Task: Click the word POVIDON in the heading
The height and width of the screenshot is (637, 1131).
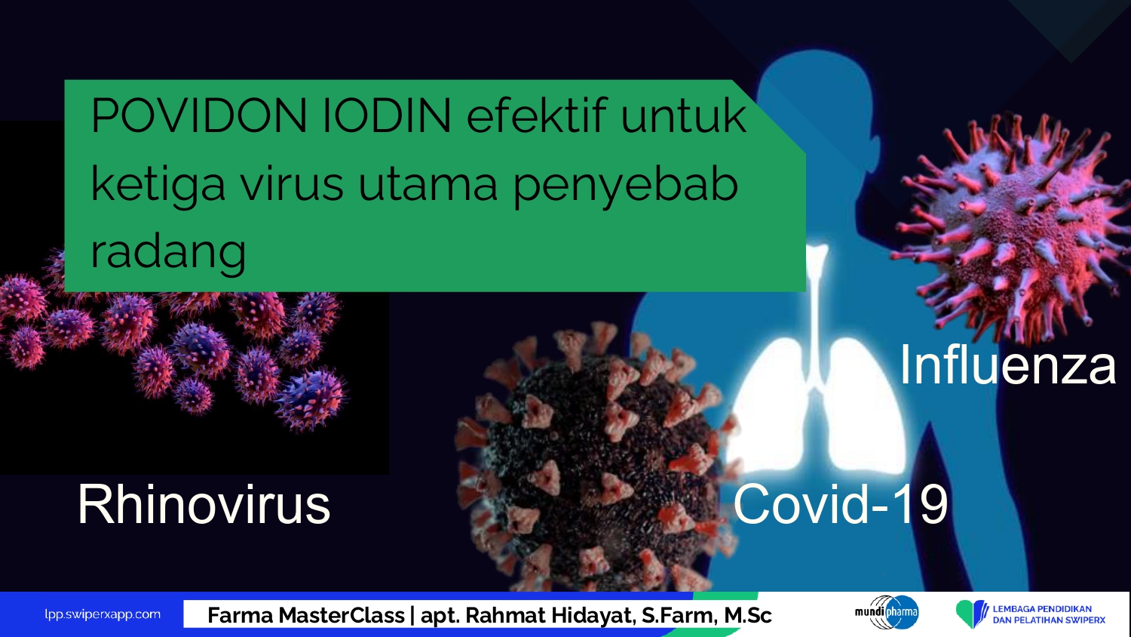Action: tap(199, 115)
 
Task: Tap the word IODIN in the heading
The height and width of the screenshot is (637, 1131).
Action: tap(387, 115)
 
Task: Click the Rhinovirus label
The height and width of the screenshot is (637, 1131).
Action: tap(204, 504)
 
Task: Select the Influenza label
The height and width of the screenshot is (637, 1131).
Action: tap(1007, 365)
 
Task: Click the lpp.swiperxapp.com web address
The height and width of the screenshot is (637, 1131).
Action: tap(103, 614)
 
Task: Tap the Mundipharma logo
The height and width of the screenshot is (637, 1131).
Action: tap(887, 612)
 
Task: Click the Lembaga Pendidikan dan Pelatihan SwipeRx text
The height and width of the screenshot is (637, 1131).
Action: tap(1049, 614)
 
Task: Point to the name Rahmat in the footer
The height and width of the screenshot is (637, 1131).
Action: tap(507, 615)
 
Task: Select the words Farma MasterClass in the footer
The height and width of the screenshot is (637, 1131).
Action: tap(306, 615)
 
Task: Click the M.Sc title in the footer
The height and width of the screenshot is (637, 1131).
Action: tap(748, 615)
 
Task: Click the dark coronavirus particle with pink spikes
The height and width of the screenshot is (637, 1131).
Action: tap(596, 455)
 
